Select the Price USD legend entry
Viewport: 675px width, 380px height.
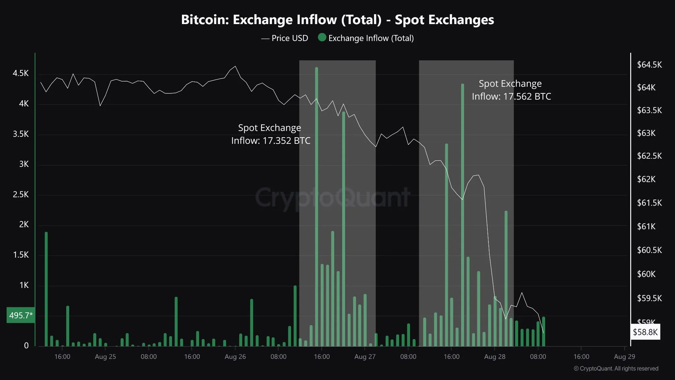click(285, 38)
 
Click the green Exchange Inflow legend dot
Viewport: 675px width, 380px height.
click(322, 38)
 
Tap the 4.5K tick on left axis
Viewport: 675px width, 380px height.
click(20, 73)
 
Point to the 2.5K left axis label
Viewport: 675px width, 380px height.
click(20, 195)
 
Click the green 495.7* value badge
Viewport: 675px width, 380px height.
click(21, 315)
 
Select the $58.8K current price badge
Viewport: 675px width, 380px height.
click(645, 332)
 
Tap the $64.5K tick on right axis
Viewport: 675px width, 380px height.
click(649, 65)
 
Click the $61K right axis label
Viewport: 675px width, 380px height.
click(646, 227)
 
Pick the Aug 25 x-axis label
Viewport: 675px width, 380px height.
click(105, 357)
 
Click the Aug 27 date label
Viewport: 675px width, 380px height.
click(365, 357)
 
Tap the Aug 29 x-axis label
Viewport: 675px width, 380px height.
click(624, 357)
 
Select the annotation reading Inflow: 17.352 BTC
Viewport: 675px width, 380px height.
click(271, 141)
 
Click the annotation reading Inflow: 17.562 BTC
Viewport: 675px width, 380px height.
click(511, 97)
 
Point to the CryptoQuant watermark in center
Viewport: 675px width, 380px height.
click(333, 197)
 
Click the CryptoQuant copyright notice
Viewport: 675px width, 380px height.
click(616, 368)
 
